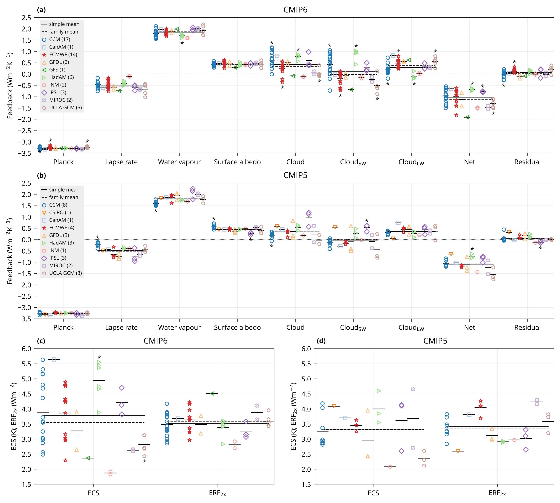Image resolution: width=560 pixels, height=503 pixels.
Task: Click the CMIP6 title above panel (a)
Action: tap(295, 10)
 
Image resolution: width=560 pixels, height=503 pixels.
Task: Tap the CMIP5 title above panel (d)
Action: tap(435, 341)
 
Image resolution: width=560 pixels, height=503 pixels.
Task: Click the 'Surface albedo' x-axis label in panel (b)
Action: tap(237, 328)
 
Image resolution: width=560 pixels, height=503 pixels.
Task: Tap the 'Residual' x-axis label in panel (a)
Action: tap(527, 162)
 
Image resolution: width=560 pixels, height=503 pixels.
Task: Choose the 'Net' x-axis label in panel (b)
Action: tap(469, 328)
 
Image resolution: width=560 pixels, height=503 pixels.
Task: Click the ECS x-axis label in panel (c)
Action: tap(93, 493)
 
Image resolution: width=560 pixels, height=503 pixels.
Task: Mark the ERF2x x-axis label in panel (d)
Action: tap(497, 493)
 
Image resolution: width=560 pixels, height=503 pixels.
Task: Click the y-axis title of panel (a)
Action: tap(10, 85)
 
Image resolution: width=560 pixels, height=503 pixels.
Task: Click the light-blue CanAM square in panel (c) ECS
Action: tap(54, 360)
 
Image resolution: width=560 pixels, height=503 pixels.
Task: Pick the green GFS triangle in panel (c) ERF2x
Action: tap(212, 393)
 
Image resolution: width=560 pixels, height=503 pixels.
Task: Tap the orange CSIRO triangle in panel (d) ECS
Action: tap(334, 406)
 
